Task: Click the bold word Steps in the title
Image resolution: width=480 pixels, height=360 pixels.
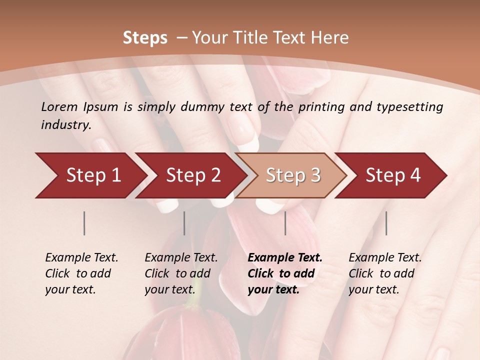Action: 145,38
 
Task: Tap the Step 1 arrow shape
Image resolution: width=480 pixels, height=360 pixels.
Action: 93,175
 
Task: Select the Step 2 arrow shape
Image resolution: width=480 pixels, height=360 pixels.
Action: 193,175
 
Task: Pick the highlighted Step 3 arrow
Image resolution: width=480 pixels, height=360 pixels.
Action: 293,175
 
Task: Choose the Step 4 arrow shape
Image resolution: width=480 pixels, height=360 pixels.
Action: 393,175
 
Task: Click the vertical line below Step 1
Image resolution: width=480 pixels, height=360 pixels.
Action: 84,223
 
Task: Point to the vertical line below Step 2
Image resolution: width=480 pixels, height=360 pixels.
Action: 184,223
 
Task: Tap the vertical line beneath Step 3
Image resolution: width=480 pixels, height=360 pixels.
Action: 285,223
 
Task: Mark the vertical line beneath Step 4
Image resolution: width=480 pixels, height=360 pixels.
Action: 386,223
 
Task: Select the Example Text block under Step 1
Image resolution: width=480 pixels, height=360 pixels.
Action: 81,273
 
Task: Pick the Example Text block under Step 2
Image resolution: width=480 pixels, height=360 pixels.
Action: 181,273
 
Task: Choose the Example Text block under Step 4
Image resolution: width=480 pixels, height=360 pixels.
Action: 385,273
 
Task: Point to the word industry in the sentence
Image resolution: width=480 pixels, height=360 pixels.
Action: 66,125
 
